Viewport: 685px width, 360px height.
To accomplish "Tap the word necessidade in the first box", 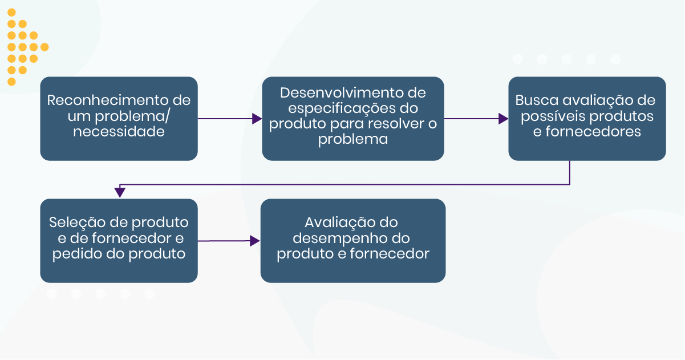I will tap(119, 132).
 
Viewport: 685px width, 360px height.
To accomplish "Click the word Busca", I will tap(536, 100).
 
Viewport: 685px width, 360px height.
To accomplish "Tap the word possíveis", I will tap(548, 116).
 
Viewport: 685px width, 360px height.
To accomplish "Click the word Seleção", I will tap(76, 222).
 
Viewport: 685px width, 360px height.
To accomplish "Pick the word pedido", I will tap(77, 254).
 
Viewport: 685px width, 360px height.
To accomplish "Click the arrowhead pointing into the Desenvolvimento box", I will tap(257, 119).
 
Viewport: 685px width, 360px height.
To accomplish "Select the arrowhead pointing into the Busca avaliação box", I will tap(504, 119).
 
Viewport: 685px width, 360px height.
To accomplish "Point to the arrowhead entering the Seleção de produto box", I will tap(120, 193).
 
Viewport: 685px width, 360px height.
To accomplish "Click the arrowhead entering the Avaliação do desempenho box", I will tap(256, 241).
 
